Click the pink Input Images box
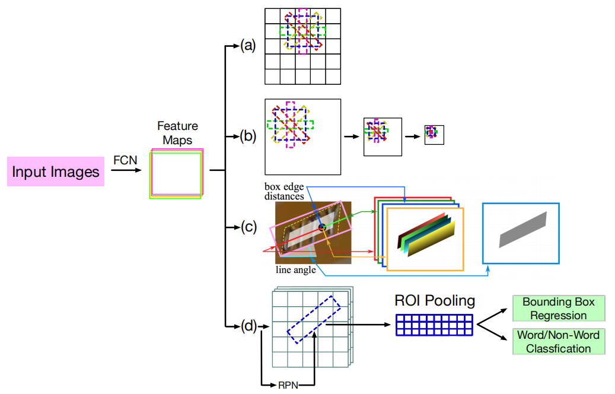pos(56,172)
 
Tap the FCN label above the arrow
pos(125,160)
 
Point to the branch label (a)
pos(247,45)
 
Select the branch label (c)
pos(247,227)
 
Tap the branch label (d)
pos(247,325)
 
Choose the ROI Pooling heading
pos(435,301)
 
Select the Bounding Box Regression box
pos(558,308)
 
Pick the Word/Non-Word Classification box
pos(558,342)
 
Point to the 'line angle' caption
pos(296,269)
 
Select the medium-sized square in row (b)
pos(383,136)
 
